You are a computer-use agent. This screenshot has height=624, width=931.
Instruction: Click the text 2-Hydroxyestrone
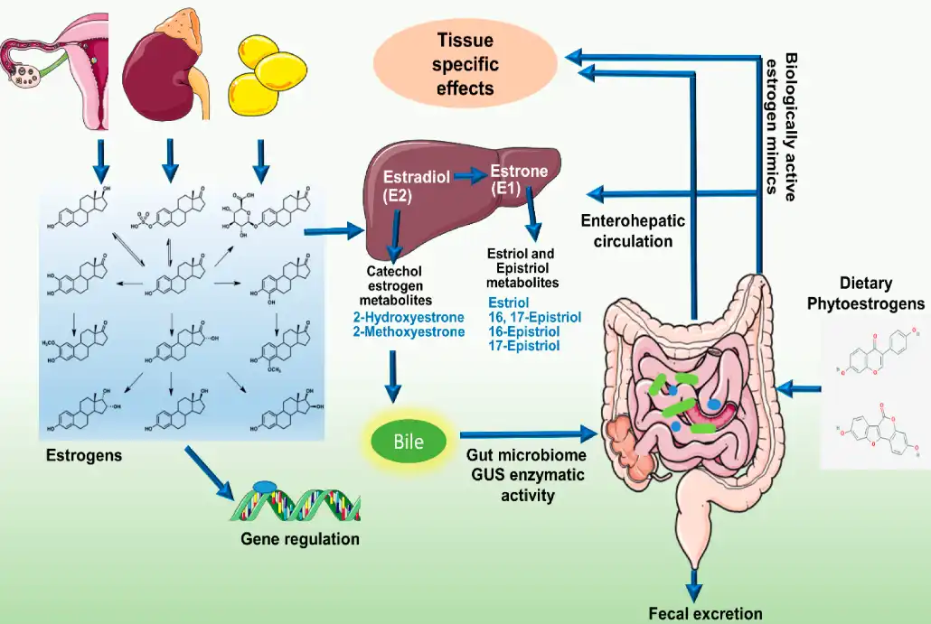click(x=409, y=317)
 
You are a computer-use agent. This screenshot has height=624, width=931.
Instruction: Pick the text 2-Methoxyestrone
click(x=409, y=331)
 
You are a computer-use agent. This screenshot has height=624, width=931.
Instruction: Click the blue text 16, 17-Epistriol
click(x=534, y=317)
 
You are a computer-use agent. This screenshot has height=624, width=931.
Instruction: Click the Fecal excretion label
click(x=705, y=614)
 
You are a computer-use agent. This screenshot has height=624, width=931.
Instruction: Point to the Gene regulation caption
click(x=300, y=539)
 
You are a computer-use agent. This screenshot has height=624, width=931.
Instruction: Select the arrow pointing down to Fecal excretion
click(x=694, y=582)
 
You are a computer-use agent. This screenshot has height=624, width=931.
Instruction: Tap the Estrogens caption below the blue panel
click(x=84, y=456)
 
